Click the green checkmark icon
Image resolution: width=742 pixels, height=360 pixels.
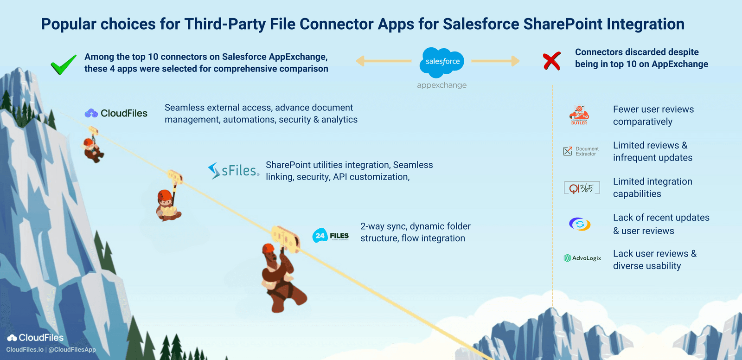pos(64,64)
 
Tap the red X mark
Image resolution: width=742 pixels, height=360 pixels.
pos(552,61)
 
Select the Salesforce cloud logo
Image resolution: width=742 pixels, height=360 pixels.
pos(442,62)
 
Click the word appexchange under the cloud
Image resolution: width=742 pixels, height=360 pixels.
pos(441,85)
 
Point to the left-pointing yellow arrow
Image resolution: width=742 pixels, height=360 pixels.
pos(384,61)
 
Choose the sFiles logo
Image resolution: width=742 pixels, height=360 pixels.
pos(233,171)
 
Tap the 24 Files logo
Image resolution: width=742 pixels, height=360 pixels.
pos(331,236)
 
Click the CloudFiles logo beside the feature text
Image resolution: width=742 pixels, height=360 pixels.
pos(116,113)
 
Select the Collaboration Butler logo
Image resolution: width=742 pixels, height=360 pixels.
pos(579,115)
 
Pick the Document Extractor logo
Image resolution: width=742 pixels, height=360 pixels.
pos(581,151)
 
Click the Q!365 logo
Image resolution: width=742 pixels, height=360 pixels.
pos(582,188)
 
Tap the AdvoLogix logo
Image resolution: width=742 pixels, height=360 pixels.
pos(582,258)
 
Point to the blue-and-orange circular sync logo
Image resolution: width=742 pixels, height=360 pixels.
pos(580,224)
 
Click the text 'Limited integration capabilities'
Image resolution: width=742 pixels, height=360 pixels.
pos(652,187)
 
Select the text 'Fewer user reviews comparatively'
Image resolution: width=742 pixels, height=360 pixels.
pos(653,116)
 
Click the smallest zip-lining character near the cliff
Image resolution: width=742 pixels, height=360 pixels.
pos(93,149)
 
